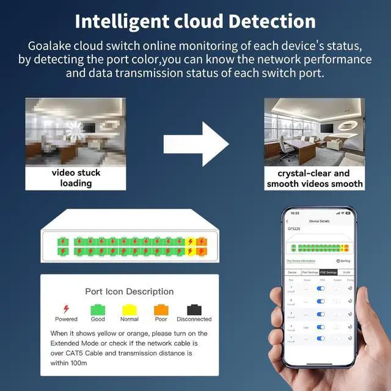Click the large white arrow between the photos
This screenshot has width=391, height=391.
point(195,144)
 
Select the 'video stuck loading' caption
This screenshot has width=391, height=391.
point(76,178)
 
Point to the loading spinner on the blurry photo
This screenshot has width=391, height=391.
point(76,128)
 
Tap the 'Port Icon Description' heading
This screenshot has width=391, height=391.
point(130,291)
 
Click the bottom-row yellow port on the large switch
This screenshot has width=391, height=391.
point(191,251)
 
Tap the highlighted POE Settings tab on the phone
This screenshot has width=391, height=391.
point(328,272)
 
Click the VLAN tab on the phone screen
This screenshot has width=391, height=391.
point(346,272)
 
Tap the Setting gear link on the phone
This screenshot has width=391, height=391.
point(343,260)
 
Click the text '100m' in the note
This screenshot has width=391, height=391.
point(78,363)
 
